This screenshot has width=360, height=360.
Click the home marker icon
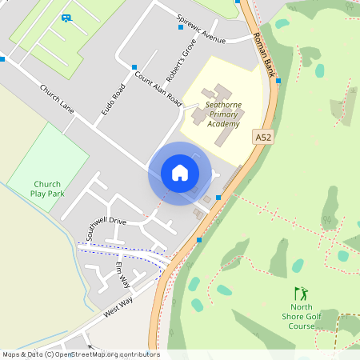(179, 173)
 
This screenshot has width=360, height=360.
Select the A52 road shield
(262, 138)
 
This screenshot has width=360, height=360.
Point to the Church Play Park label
(46, 188)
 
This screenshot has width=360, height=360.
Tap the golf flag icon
(301, 293)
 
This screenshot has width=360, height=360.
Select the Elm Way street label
(123, 274)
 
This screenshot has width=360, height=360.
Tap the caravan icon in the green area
(66, 17)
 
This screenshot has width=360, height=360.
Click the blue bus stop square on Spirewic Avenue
(181, 27)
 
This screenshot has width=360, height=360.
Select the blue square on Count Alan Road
(134, 68)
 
